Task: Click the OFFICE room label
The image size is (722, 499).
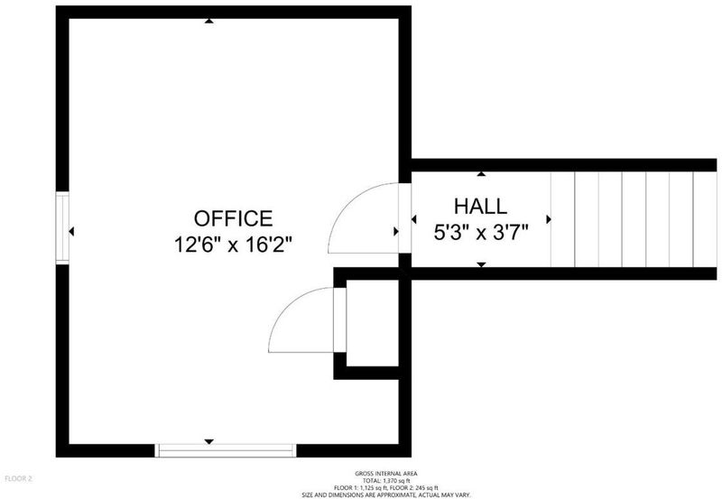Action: tap(233, 218)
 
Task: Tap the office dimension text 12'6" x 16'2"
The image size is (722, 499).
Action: tap(233, 245)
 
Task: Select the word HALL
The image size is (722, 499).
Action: tap(481, 207)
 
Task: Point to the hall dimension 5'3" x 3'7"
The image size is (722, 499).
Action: tap(481, 232)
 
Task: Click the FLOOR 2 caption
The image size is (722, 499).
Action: tap(18, 479)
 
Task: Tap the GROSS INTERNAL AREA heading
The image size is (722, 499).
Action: tap(386, 473)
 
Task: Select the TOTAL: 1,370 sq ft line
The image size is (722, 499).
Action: tap(386, 481)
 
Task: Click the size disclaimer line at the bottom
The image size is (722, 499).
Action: tap(386, 495)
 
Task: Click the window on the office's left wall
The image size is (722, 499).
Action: tap(62, 227)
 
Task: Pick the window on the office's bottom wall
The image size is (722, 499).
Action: tap(225, 450)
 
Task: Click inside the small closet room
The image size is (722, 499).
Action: tap(372, 323)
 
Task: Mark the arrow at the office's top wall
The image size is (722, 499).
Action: tap(209, 21)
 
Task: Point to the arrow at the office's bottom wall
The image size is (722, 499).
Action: tap(209, 442)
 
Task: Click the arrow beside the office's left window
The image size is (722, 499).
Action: tap(71, 231)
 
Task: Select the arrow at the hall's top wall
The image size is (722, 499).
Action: tap(481, 173)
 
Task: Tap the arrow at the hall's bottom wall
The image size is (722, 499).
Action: tap(481, 264)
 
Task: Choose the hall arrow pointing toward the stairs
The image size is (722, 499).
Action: tap(549, 219)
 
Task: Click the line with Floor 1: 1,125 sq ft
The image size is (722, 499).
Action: tap(386, 488)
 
